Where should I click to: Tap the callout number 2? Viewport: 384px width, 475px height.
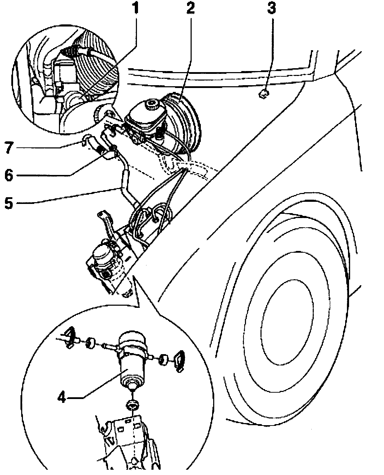pyautogui.click(x=190, y=8)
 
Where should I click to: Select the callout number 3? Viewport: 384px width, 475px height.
pyautogui.click(x=271, y=8)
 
